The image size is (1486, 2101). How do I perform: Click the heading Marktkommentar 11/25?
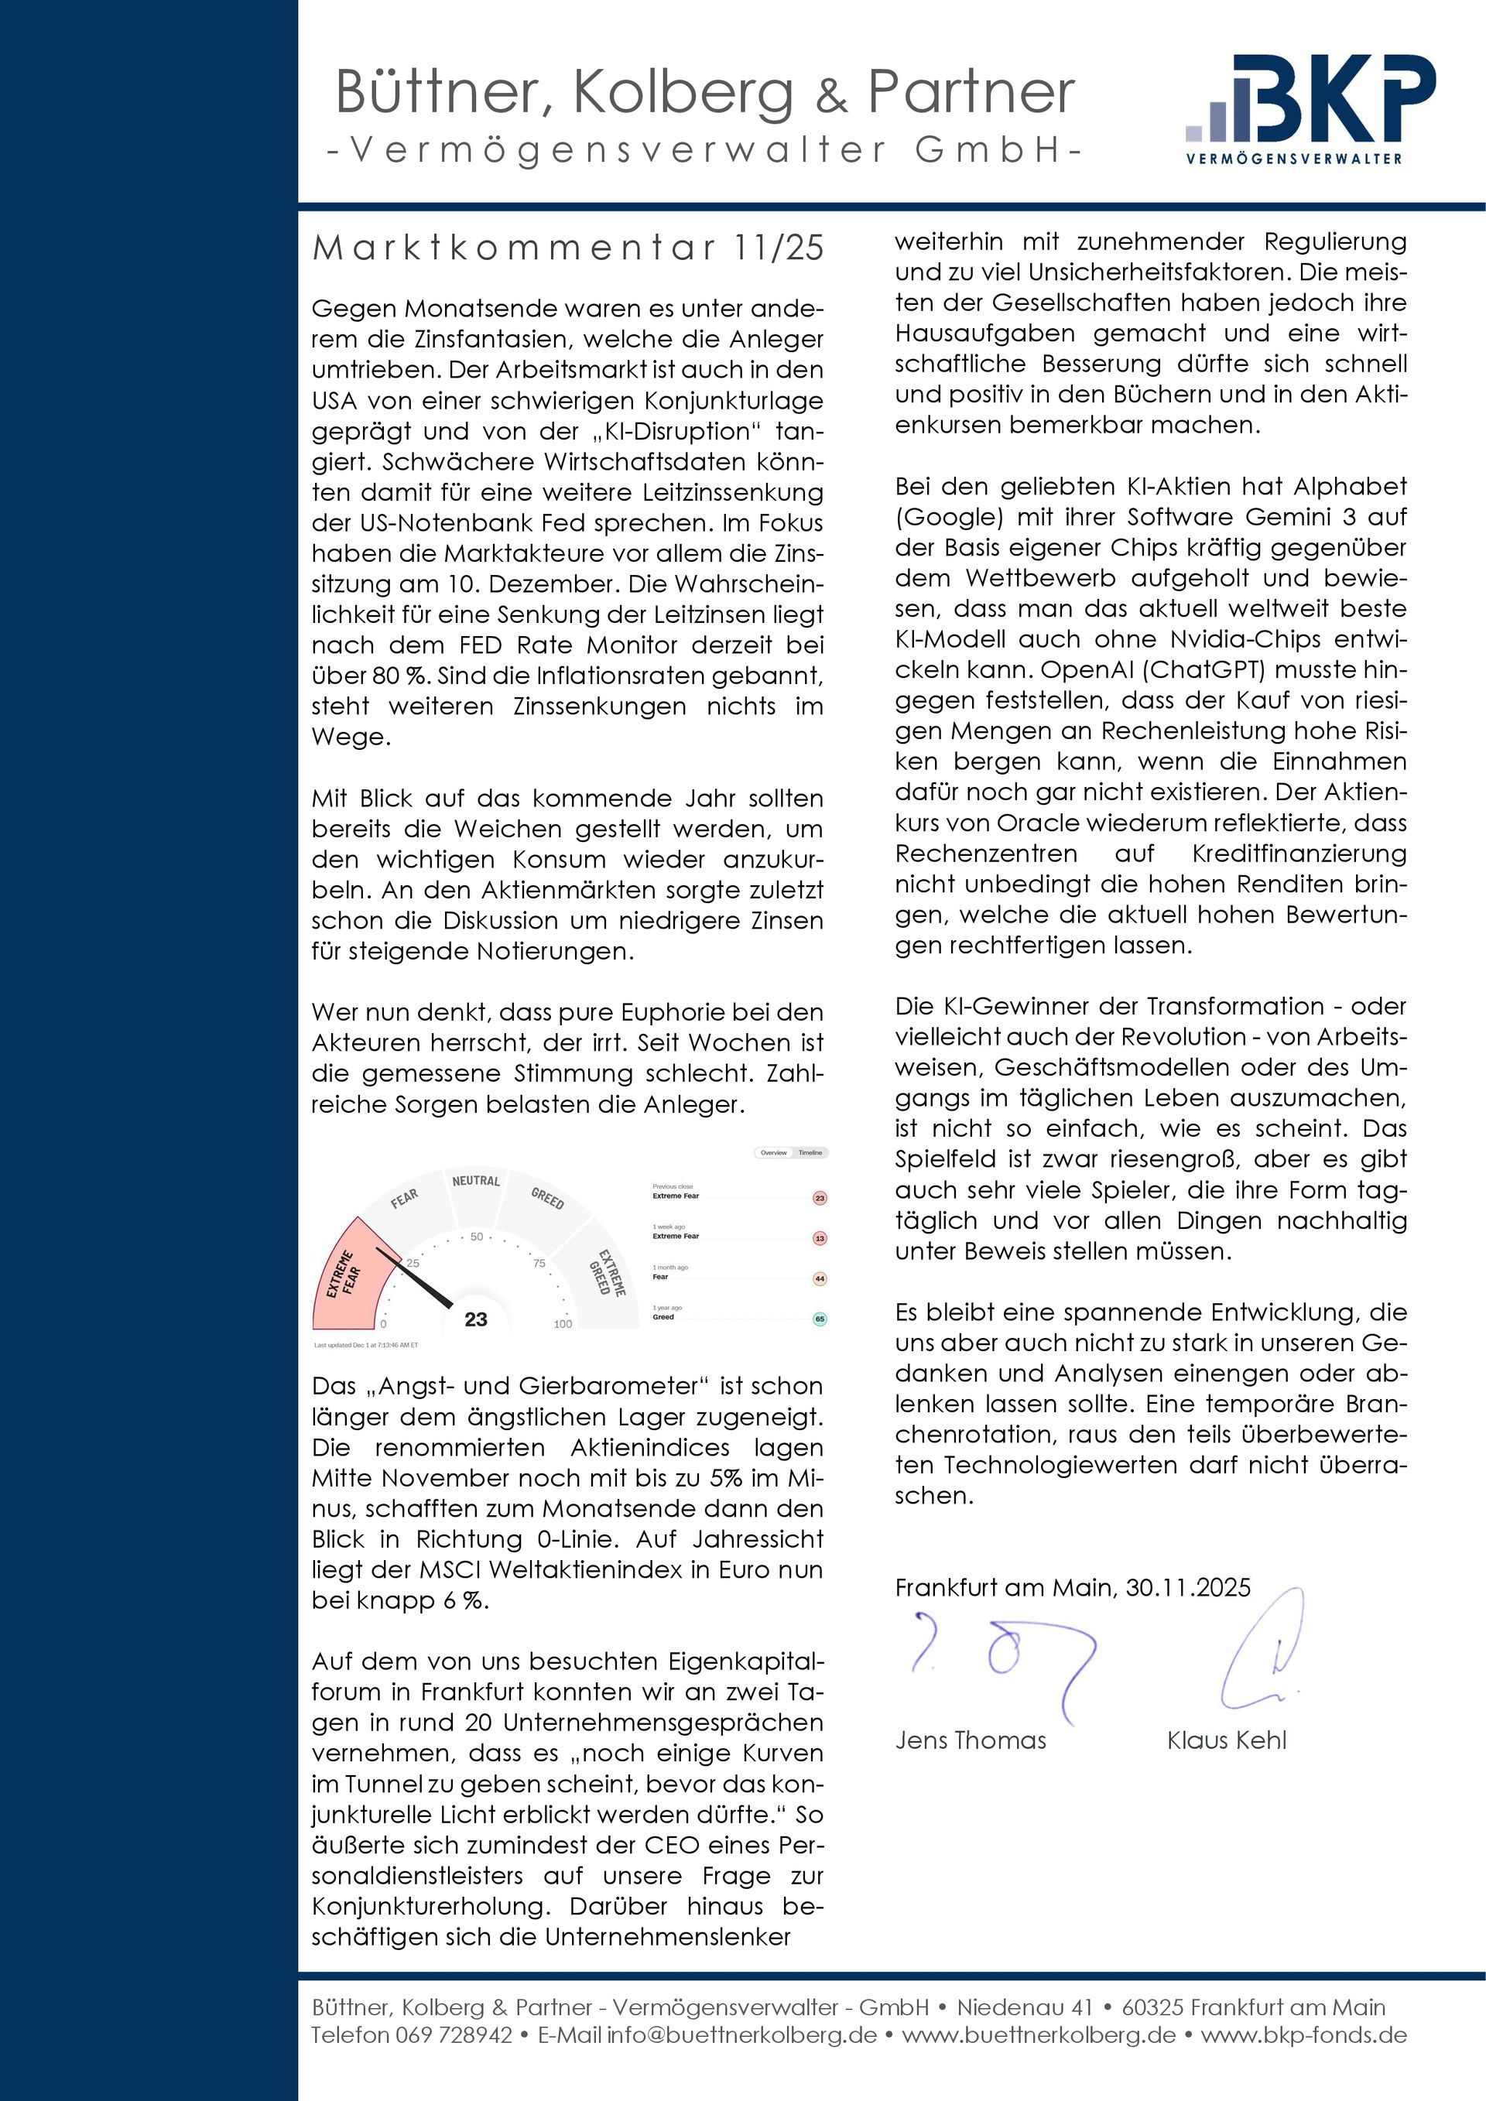pos(567,248)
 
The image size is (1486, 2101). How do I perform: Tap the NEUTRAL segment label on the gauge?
pos(476,1180)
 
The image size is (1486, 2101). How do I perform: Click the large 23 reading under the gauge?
pos(476,1319)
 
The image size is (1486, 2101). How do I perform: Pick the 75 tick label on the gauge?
pos(539,1264)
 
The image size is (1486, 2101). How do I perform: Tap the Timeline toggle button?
pos(810,1153)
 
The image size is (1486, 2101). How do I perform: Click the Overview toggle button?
pos(773,1153)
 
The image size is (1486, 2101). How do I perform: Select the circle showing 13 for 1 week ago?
pos(820,1238)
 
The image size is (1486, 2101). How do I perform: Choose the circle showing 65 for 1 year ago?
pos(820,1319)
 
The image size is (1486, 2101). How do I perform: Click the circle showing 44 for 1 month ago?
pos(820,1279)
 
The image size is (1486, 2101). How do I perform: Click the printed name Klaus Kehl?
pos(1226,1740)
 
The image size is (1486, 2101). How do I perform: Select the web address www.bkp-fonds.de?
pos(1304,2034)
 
